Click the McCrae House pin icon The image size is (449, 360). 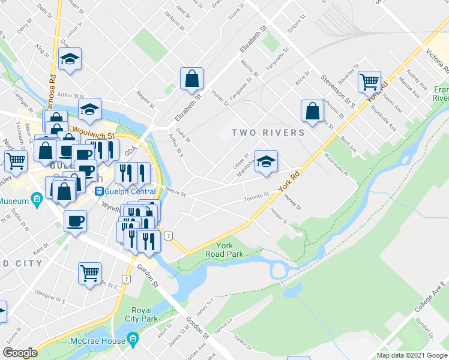[133, 339]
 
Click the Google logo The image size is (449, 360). [20, 353]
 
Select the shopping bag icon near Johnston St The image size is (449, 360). [312, 110]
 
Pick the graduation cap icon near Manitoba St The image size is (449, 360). [266, 161]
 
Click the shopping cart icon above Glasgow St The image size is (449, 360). [90, 273]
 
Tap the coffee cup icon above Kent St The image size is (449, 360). [76, 221]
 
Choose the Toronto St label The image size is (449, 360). [256, 197]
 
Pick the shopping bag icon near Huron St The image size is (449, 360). [191, 78]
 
